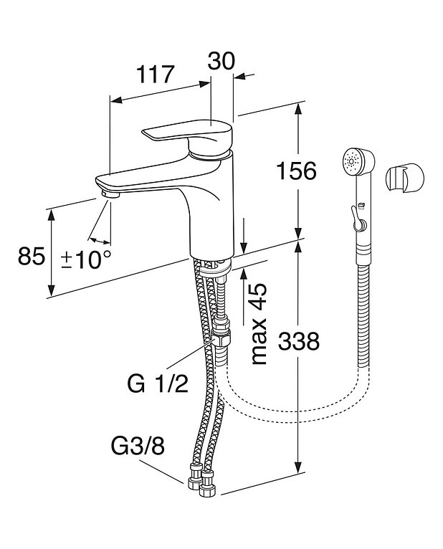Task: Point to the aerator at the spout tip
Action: (x=110, y=193)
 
